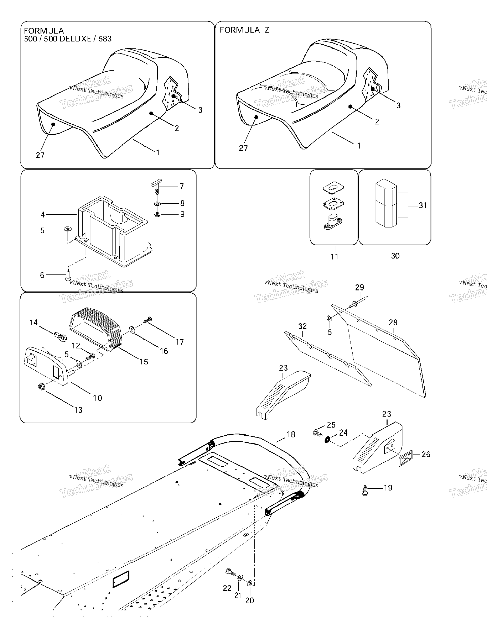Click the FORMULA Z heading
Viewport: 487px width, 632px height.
(x=244, y=30)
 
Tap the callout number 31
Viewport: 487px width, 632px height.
(x=423, y=206)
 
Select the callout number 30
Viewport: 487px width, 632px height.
(x=395, y=256)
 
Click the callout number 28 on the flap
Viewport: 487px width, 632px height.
(x=393, y=322)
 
